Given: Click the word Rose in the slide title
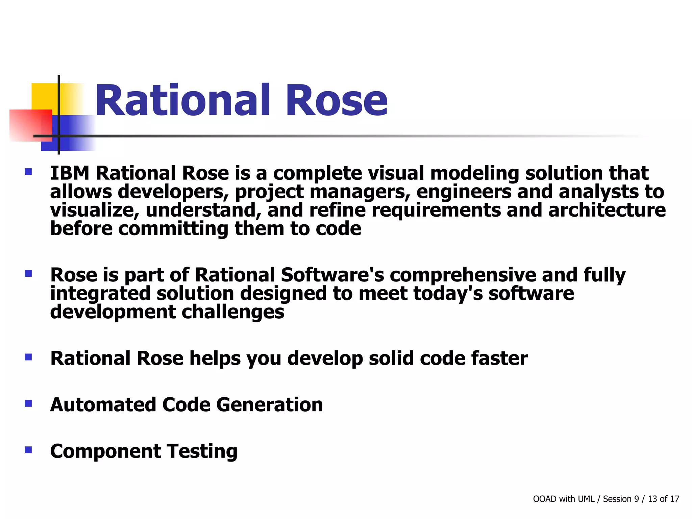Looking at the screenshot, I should (337, 101).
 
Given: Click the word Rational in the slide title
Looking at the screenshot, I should (183, 101).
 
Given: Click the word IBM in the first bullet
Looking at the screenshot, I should (70, 173).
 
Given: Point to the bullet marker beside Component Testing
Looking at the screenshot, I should (28, 450).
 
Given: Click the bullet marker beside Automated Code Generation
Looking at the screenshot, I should (28, 403).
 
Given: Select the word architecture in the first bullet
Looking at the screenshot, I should (607, 210).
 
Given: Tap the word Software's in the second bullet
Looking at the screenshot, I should (332, 275).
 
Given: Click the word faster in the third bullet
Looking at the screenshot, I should (499, 358).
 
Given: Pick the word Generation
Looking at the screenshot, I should (269, 405).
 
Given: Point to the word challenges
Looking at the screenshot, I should (233, 312).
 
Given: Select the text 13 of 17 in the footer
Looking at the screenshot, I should (663, 499).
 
